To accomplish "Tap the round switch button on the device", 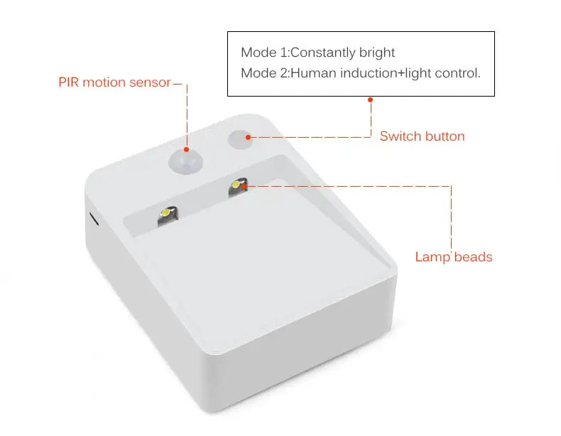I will point(240,138).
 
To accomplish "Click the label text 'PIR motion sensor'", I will point(114,82).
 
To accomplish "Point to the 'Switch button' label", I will point(422,136).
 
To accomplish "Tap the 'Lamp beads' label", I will point(453,257).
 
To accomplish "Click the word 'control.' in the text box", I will point(460,72).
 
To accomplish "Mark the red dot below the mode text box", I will point(370,100).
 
